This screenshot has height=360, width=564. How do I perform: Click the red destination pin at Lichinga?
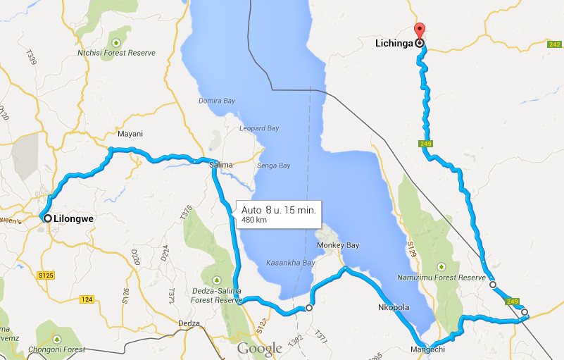420,31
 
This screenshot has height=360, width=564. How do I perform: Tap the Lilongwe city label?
74,218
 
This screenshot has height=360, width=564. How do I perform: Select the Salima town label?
221,165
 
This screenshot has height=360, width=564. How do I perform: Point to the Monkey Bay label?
339,245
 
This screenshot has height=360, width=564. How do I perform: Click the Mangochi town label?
428,349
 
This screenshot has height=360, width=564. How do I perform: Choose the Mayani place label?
130,134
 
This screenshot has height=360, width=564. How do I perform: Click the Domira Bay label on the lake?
216,101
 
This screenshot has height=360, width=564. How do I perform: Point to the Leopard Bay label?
260,129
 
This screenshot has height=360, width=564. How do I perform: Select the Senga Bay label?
274,166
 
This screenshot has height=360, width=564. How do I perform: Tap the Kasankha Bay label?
290,263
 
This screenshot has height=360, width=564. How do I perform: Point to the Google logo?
260,348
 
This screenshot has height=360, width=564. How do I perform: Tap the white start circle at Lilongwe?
48,218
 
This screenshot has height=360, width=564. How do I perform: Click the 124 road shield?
87,300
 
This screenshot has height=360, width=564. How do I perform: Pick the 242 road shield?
554,44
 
